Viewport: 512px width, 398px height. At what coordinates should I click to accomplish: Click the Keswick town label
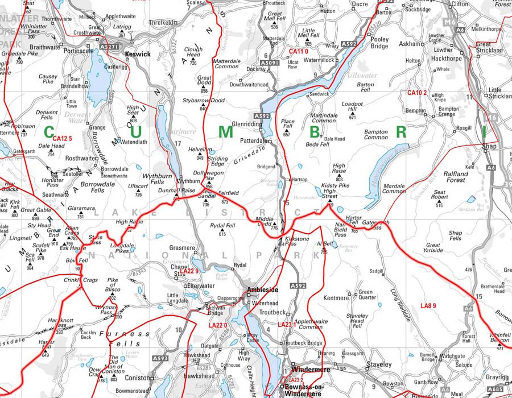point(139,54)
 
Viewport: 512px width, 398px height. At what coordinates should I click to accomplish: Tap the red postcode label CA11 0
point(302,52)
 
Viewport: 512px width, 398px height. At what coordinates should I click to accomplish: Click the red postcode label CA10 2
point(416,93)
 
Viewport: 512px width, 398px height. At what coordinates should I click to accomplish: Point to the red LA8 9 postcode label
point(428,306)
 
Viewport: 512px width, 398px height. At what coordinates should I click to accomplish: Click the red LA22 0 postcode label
point(218,325)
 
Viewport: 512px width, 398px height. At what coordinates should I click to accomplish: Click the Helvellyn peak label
point(196,150)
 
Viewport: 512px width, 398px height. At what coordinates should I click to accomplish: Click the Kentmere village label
point(335,297)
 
